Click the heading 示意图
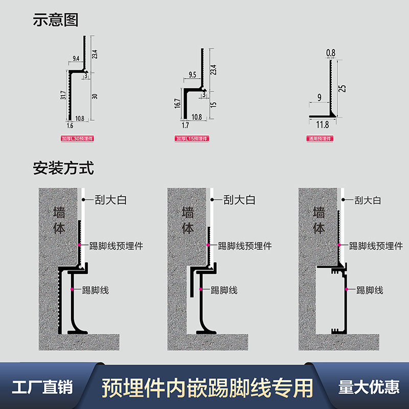click(x=56, y=20)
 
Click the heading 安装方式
click(x=63, y=168)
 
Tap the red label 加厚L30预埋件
click(x=78, y=139)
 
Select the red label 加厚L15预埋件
click(x=194, y=139)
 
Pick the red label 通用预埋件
click(x=320, y=139)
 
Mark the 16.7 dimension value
click(x=177, y=103)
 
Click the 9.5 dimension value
click(x=192, y=74)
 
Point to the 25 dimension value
click(x=343, y=88)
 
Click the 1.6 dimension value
click(x=70, y=125)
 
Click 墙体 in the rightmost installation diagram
click(x=319, y=220)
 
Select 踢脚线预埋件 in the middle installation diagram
click(x=244, y=246)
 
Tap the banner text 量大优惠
click(x=369, y=387)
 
